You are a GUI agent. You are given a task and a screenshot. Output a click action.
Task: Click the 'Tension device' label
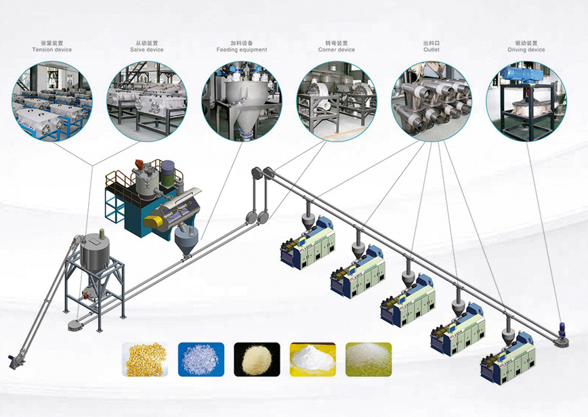click(51, 50)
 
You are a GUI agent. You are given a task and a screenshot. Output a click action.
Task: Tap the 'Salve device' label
click(146, 50)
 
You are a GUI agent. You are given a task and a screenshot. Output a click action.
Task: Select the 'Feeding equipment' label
click(242, 50)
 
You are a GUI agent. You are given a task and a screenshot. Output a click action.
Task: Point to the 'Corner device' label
click(337, 50)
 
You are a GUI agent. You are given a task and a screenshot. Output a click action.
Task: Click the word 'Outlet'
click(432, 50)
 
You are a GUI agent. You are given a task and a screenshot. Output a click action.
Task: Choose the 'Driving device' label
click(526, 50)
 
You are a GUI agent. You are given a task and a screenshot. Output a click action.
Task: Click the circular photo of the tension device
click(51, 101)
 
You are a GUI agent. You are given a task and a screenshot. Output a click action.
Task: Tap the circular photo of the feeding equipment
click(242, 101)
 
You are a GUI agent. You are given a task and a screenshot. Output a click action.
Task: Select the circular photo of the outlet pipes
click(432, 101)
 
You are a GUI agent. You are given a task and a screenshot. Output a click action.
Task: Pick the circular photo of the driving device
click(526, 101)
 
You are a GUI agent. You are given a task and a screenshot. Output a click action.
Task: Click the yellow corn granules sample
click(144, 359)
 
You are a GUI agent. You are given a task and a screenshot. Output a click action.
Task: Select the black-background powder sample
click(256, 359)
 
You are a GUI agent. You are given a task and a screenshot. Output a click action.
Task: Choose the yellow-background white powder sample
click(312, 359)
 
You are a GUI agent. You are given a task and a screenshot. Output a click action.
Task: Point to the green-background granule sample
click(368, 359)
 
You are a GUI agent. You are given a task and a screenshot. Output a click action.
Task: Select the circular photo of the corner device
click(337, 101)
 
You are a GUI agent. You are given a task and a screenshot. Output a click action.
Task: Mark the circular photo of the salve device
click(146, 101)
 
